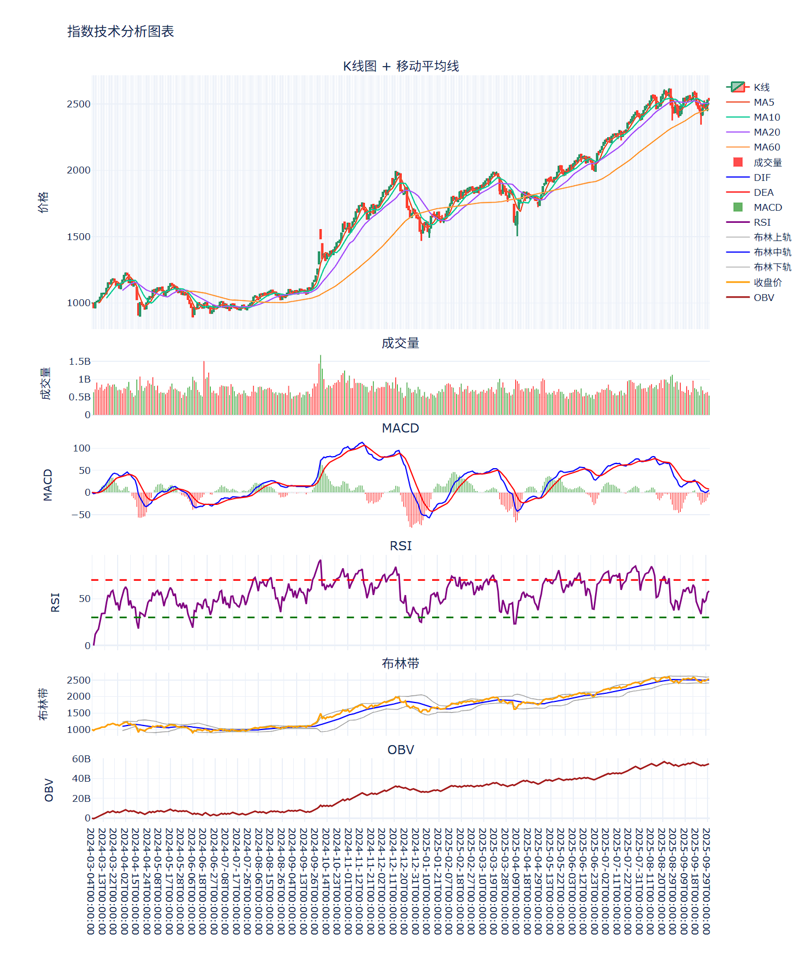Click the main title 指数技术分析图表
(x=121, y=32)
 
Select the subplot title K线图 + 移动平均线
(x=401, y=66)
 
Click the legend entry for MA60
(x=767, y=147)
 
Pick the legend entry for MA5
(x=764, y=102)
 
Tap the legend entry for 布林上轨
(x=772, y=237)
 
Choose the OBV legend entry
(x=764, y=298)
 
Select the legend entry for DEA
(x=763, y=192)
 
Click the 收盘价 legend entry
(x=767, y=283)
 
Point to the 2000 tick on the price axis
(x=79, y=170)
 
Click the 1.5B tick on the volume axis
(x=80, y=361)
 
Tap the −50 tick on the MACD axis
(x=80, y=515)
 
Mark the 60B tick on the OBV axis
(x=81, y=759)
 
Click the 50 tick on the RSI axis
(x=84, y=599)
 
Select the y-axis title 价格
(x=44, y=202)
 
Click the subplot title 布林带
(x=401, y=663)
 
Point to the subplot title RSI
(x=401, y=546)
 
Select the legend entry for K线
(x=762, y=87)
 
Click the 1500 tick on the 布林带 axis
(x=79, y=713)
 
